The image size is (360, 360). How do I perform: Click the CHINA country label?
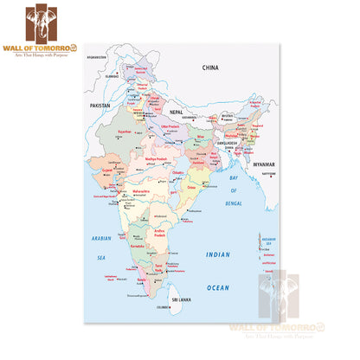coord(210,67)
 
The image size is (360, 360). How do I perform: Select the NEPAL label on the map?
coord(177,112)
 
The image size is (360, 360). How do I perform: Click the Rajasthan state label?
coord(124,133)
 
